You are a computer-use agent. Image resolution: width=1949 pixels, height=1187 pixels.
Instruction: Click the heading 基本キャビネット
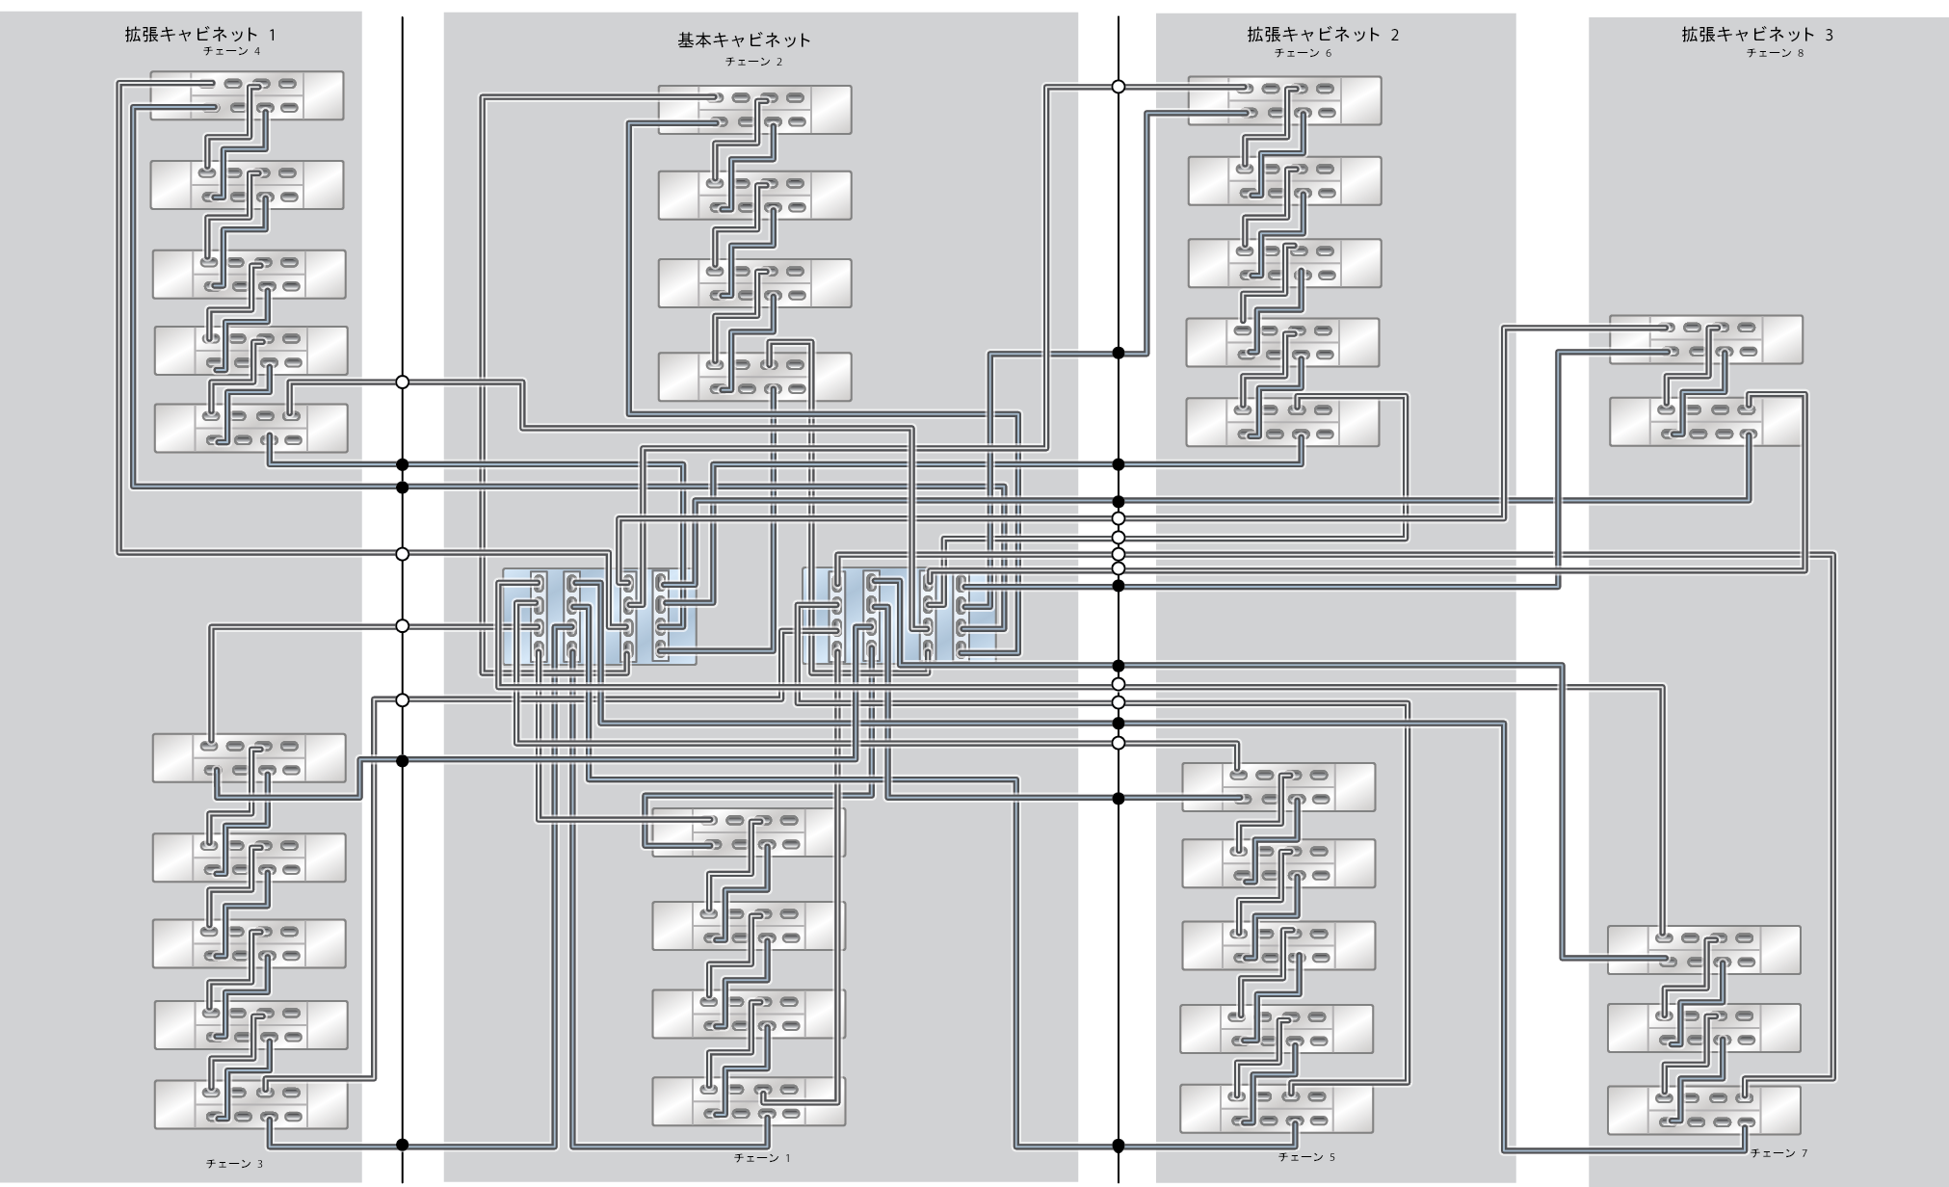click(744, 40)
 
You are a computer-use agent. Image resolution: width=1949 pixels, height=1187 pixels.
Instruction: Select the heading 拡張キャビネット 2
click(1323, 35)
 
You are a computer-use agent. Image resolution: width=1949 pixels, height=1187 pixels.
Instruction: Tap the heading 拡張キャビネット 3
click(1757, 35)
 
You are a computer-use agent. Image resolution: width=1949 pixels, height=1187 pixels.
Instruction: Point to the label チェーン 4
click(231, 51)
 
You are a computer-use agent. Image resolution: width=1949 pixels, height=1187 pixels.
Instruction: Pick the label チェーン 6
click(1303, 53)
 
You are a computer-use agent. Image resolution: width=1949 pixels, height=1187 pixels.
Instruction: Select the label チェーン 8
click(1775, 53)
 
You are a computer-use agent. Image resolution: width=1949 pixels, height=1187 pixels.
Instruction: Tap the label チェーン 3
click(234, 1164)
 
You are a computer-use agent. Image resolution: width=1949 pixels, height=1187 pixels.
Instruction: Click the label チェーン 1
click(761, 1158)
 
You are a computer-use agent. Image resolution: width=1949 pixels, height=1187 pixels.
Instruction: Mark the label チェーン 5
click(1305, 1157)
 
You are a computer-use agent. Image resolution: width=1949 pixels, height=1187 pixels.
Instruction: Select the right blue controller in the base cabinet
click(899, 615)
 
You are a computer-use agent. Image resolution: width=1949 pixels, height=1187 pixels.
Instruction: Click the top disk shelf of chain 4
click(248, 95)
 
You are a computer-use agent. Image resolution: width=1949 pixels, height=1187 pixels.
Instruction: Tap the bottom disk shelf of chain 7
click(1703, 1109)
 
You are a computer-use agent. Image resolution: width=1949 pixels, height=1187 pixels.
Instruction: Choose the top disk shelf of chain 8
click(1705, 340)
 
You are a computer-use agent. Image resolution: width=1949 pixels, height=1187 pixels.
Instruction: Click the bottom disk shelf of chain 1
click(749, 1101)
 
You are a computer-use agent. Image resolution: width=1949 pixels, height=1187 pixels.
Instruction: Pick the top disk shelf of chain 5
click(1278, 787)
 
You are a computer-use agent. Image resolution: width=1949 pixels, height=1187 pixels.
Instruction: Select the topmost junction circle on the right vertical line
click(1119, 87)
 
